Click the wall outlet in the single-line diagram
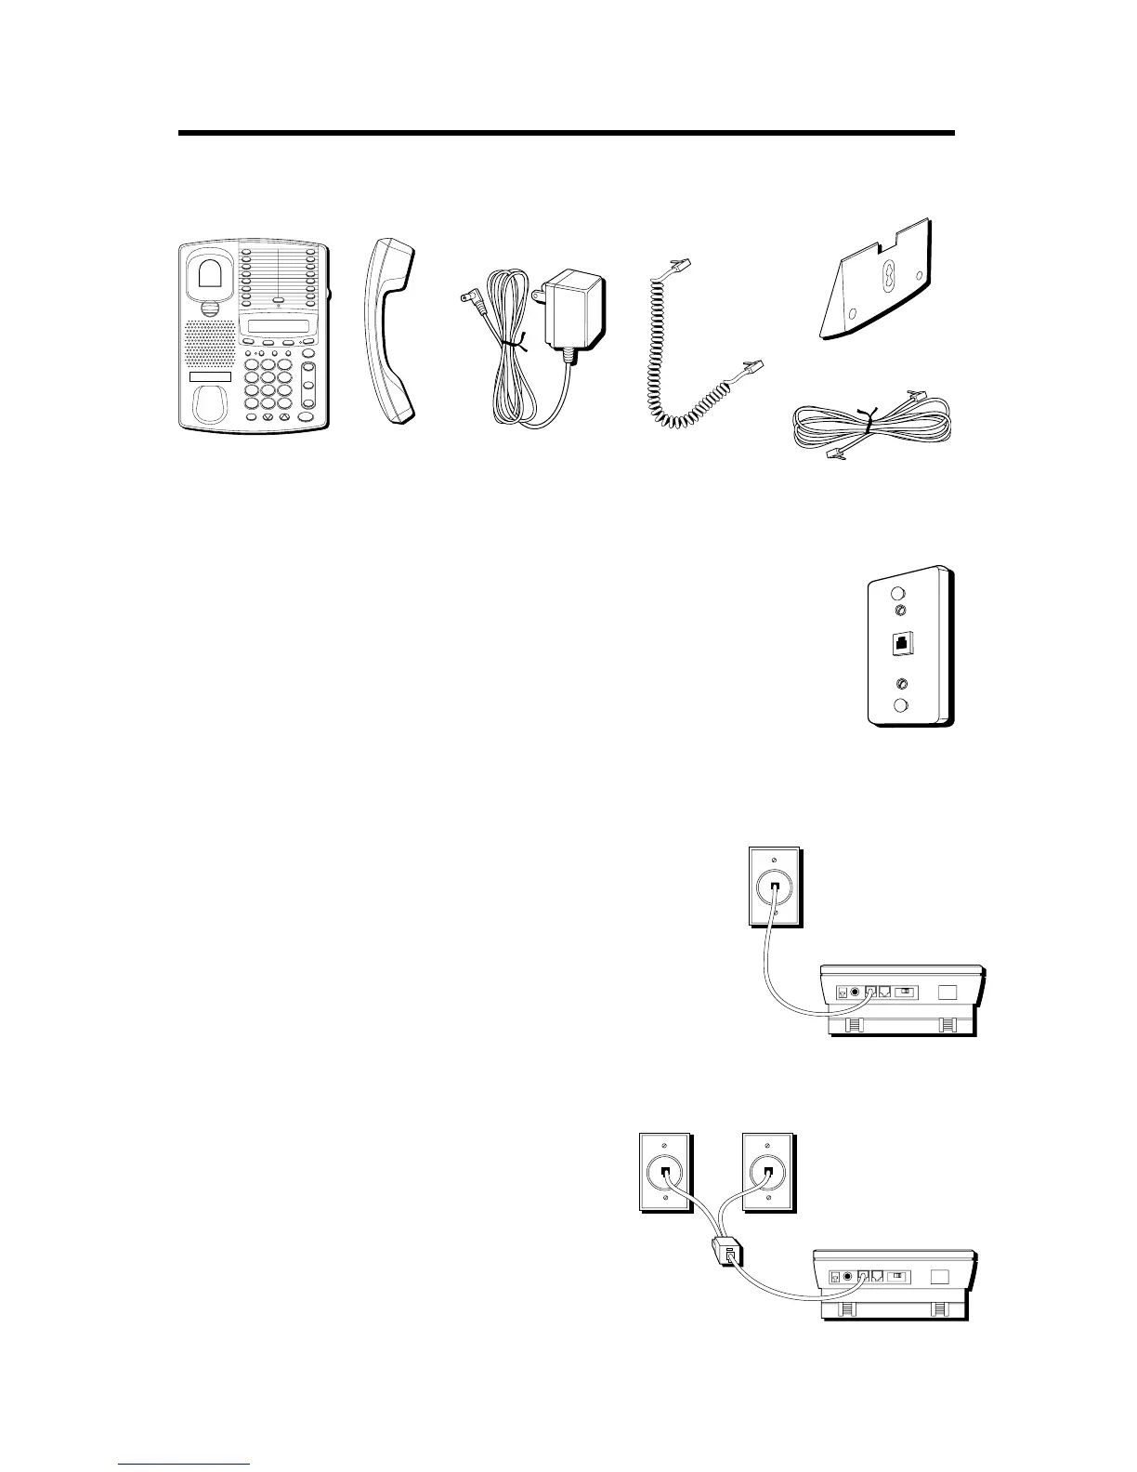click(x=775, y=886)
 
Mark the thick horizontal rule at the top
click(x=566, y=134)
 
